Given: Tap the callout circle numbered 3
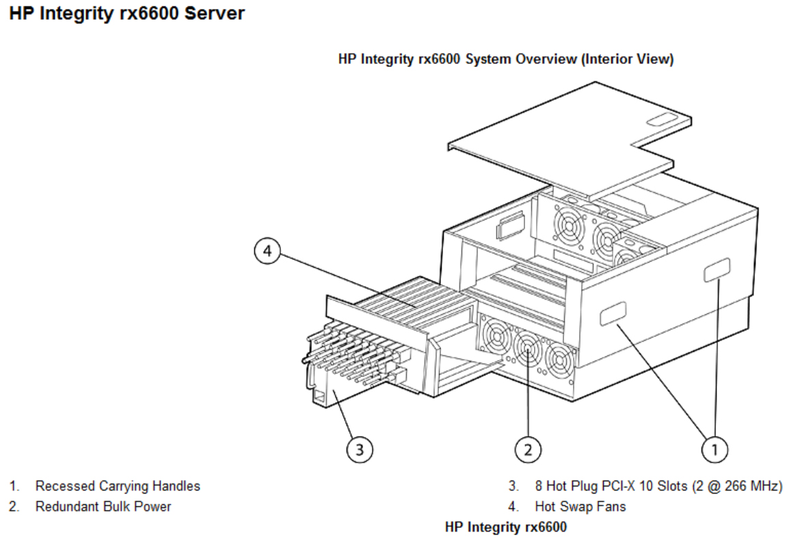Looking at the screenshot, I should (x=360, y=449).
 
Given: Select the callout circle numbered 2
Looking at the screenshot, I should (x=528, y=449).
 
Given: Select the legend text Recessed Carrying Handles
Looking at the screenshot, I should (x=118, y=486).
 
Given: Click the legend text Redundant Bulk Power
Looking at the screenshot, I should (x=103, y=507).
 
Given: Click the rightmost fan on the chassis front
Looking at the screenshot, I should (x=561, y=360).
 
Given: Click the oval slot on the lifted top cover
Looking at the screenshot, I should (x=660, y=120).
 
